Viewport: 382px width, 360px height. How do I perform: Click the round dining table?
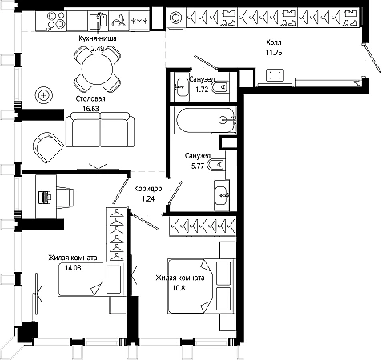point(97,70)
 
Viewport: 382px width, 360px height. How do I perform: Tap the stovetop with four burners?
point(56,20)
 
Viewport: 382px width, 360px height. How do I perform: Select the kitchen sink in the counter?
point(98,21)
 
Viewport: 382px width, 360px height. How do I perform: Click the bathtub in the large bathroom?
point(206,120)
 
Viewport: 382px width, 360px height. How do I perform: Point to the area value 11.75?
point(274,53)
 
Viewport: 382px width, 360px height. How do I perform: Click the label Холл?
point(274,42)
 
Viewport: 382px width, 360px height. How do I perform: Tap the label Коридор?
point(148,189)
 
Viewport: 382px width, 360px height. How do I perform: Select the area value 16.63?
point(90,109)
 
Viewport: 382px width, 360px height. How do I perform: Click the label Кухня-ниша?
point(98,38)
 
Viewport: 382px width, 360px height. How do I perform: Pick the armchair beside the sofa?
point(48,147)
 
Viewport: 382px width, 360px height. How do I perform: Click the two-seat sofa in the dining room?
point(100,130)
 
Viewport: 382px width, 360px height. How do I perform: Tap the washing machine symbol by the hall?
point(176,18)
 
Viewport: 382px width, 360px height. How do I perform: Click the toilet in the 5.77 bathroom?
point(215,165)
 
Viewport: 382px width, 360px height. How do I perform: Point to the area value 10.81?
point(180,288)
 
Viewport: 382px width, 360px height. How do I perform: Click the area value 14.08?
point(73,267)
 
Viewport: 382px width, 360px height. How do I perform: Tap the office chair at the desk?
point(65,198)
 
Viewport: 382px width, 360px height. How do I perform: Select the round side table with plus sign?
point(44,95)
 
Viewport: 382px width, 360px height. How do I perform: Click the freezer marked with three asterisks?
point(139,21)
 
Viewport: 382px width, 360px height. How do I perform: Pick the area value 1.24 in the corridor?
point(148,199)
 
